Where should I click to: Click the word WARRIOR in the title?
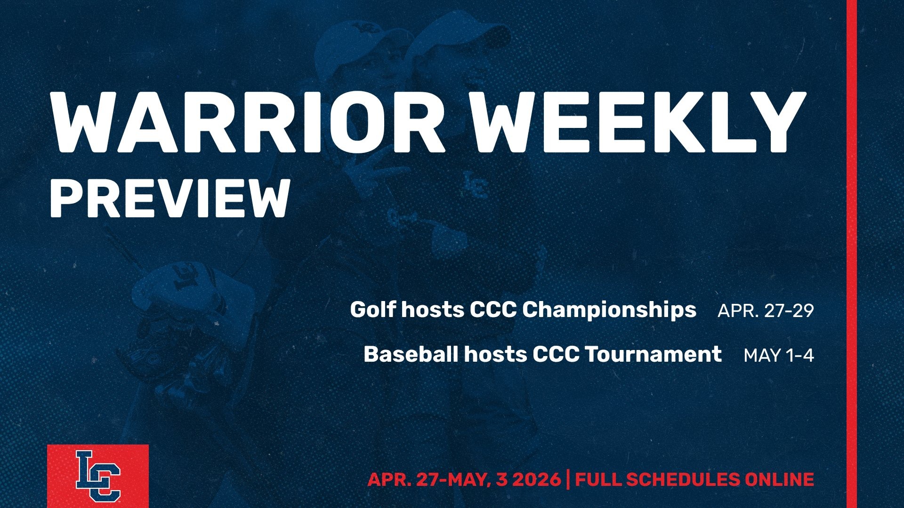click(248, 122)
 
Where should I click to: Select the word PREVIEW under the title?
click(169, 198)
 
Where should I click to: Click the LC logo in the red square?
click(98, 476)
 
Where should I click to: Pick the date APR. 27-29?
click(766, 311)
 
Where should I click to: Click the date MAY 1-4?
click(779, 356)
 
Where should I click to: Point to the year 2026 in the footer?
click(536, 479)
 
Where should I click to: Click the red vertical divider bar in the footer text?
click(568, 479)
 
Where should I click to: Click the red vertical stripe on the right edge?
click(852, 254)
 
